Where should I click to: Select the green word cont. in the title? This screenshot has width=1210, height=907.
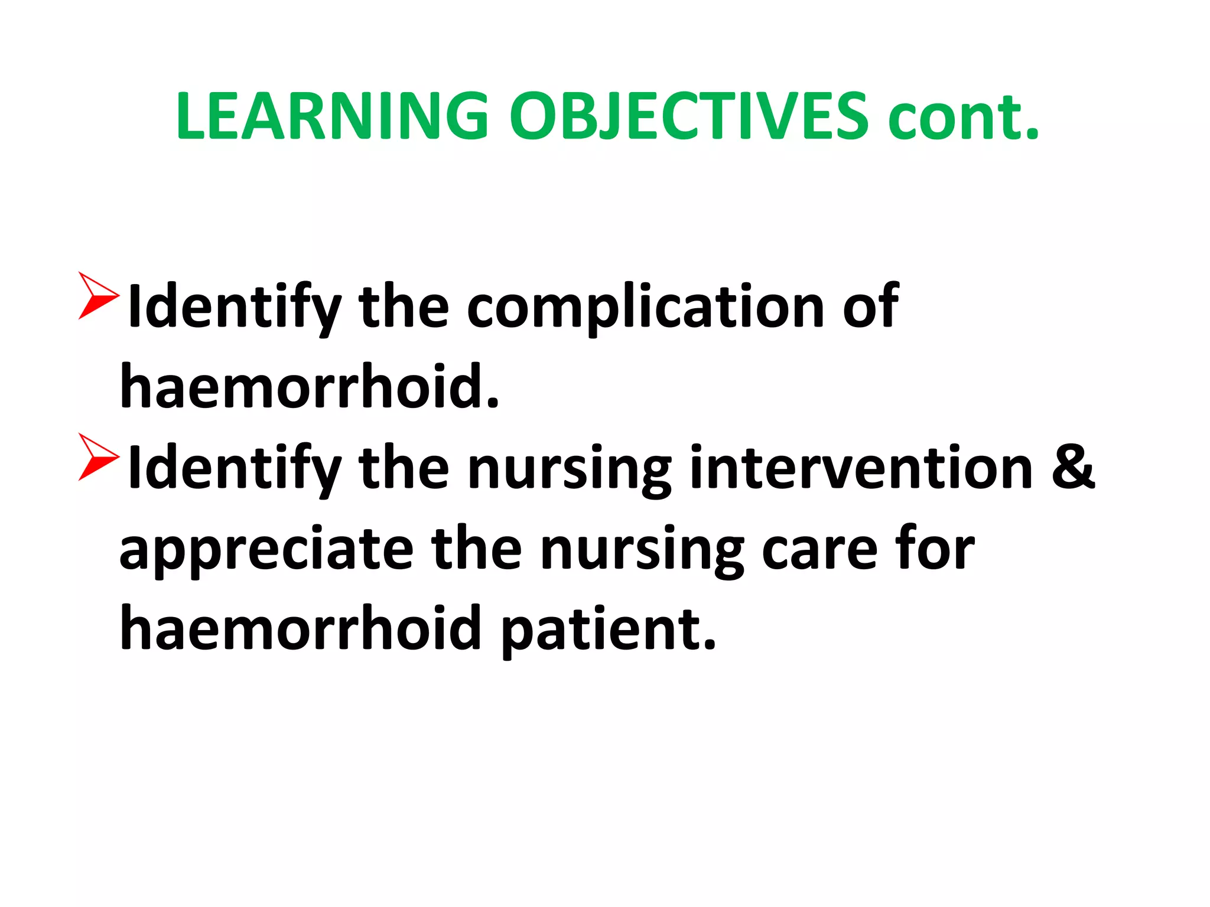963,118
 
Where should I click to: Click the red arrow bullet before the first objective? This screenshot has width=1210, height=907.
97,296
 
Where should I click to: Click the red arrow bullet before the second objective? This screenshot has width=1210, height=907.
97,456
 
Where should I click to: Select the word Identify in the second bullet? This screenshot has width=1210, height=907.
234,469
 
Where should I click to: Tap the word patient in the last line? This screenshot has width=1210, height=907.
609,629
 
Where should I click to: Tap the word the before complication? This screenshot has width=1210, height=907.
403,307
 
